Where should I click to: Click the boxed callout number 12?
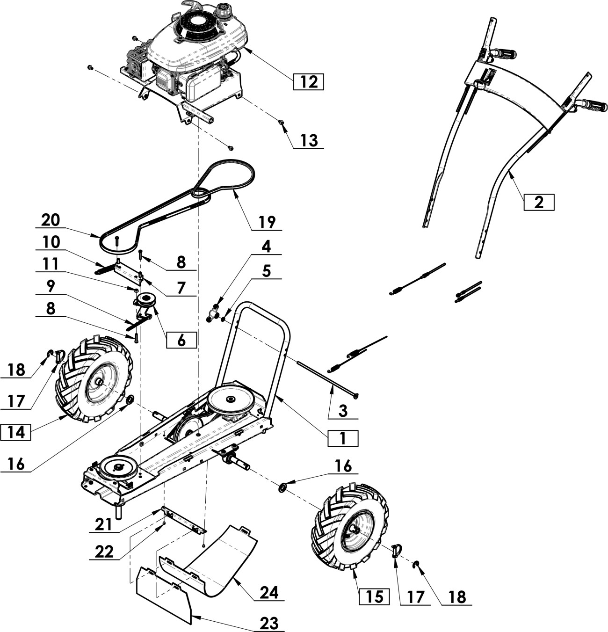coord(308,81)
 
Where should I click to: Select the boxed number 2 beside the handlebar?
coord(538,202)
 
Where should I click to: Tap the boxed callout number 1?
coord(343,438)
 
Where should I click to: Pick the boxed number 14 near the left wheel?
coord(15,432)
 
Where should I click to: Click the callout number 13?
coord(309,140)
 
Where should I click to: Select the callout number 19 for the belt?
coord(267,222)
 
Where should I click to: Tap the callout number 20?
coord(51,219)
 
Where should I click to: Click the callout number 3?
coord(343,411)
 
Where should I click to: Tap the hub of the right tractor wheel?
coord(356,530)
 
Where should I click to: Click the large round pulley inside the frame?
coord(231,400)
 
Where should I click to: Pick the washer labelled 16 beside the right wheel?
coord(283,488)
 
